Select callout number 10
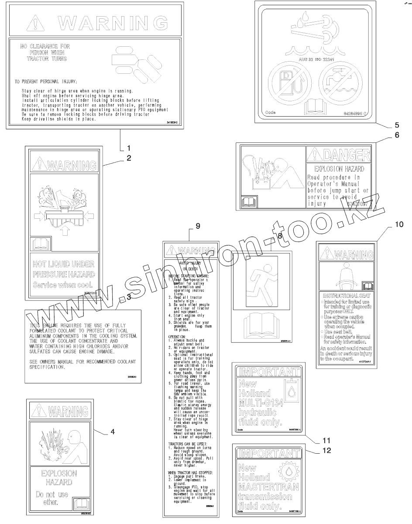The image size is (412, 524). pyautogui.click(x=399, y=225)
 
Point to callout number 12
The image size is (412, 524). pyautogui.click(x=326, y=450)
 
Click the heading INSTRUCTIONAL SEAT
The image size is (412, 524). pyautogui.click(x=346, y=296)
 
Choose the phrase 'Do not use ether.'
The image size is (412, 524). pyautogui.click(x=52, y=499)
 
